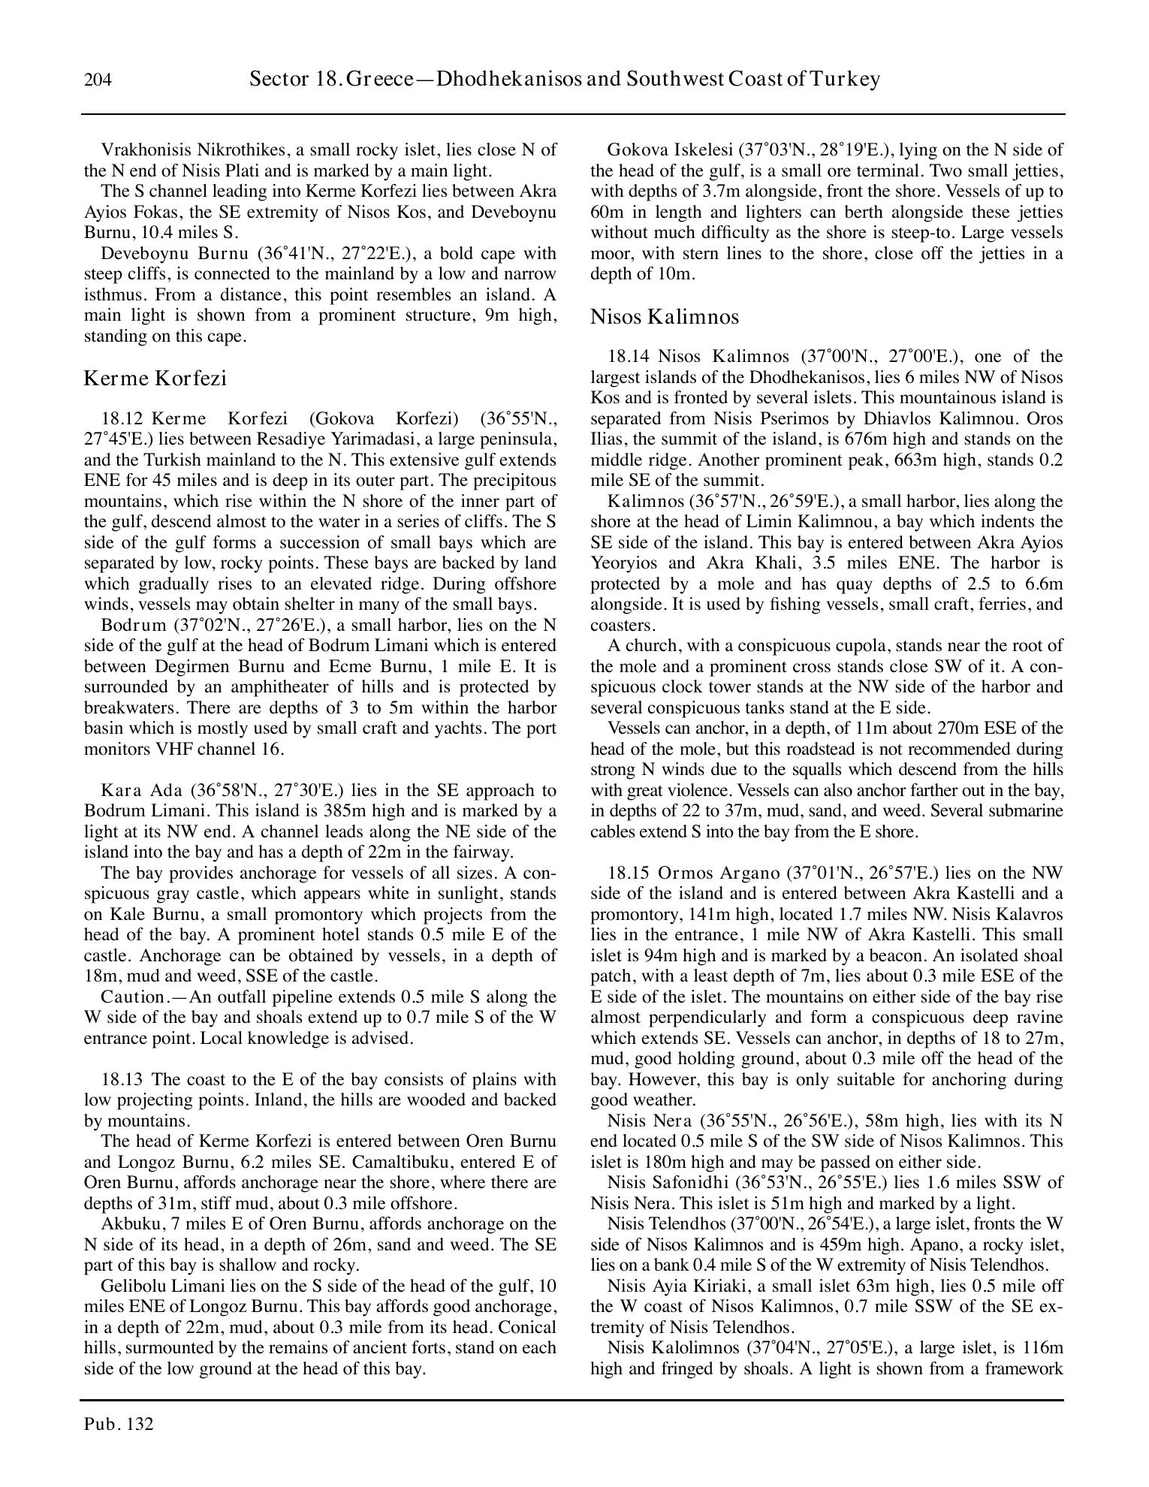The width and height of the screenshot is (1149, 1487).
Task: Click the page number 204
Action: pos(98,80)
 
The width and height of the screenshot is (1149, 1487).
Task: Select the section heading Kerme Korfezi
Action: pos(155,378)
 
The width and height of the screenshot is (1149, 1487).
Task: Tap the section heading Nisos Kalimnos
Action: pos(664,317)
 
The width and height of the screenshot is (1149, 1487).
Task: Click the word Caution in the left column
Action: pos(132,997)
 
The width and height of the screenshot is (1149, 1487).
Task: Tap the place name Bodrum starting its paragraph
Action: pos(133,625)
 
